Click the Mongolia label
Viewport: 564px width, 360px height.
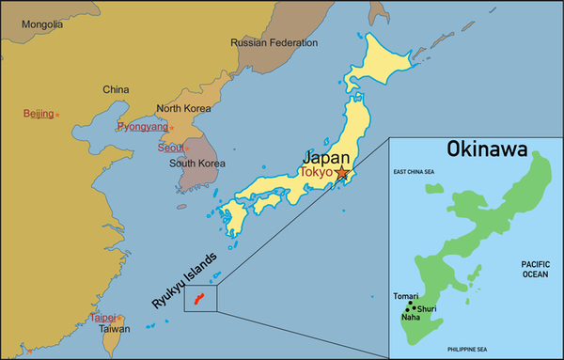click(41, 23)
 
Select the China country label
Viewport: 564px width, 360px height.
click(115, 89)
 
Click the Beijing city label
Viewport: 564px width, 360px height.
click(39, 113)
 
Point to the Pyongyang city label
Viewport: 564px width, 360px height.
click(141, 126)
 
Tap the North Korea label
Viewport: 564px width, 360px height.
click(184, 108)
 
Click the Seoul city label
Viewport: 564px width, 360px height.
click(170, 148)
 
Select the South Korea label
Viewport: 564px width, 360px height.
click(197, 164)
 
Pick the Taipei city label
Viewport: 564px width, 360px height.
click(102, 318)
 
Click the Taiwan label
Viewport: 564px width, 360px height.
click(115, 329)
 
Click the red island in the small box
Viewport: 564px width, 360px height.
click(198, 299)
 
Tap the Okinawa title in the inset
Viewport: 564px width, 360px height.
click(486, 149)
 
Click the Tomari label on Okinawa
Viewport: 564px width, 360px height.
click(406, 296)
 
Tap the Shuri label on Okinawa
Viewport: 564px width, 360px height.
click(426, 308)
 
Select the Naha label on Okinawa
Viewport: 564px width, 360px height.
click(411, 317)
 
